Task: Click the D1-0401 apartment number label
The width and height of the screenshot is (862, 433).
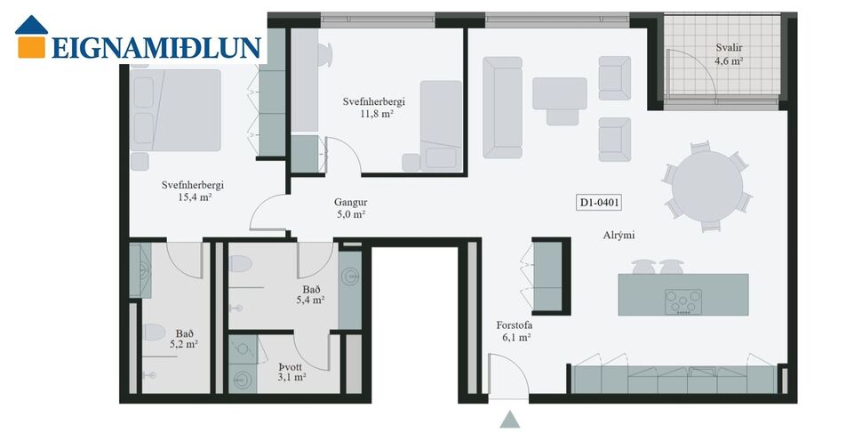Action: point(599,203)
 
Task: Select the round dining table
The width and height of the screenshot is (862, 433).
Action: point(707,186)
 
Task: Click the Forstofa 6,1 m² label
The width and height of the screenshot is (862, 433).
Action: point(514,332)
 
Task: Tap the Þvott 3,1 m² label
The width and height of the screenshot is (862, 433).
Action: point(291,372)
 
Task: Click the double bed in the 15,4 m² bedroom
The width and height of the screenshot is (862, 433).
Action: point(177,110)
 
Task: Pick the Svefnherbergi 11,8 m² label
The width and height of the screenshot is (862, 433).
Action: point(374,108)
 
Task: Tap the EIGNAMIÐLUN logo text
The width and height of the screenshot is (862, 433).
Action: point(156,47)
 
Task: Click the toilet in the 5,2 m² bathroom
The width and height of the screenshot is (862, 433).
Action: point(152,333)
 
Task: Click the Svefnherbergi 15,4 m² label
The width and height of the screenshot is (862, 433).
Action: point(192,191)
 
